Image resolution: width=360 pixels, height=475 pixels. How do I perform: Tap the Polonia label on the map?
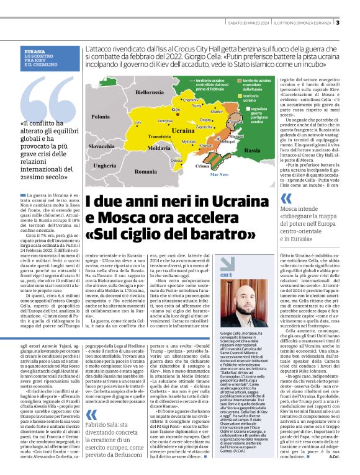coord(100,116)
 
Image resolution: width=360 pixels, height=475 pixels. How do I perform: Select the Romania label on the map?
coord(146,171)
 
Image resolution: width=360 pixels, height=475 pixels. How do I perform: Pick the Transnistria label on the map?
coord(160,136)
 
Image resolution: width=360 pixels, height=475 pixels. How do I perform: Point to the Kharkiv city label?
coord(217,111)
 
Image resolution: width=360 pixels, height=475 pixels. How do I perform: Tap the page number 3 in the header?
coord(354,24)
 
